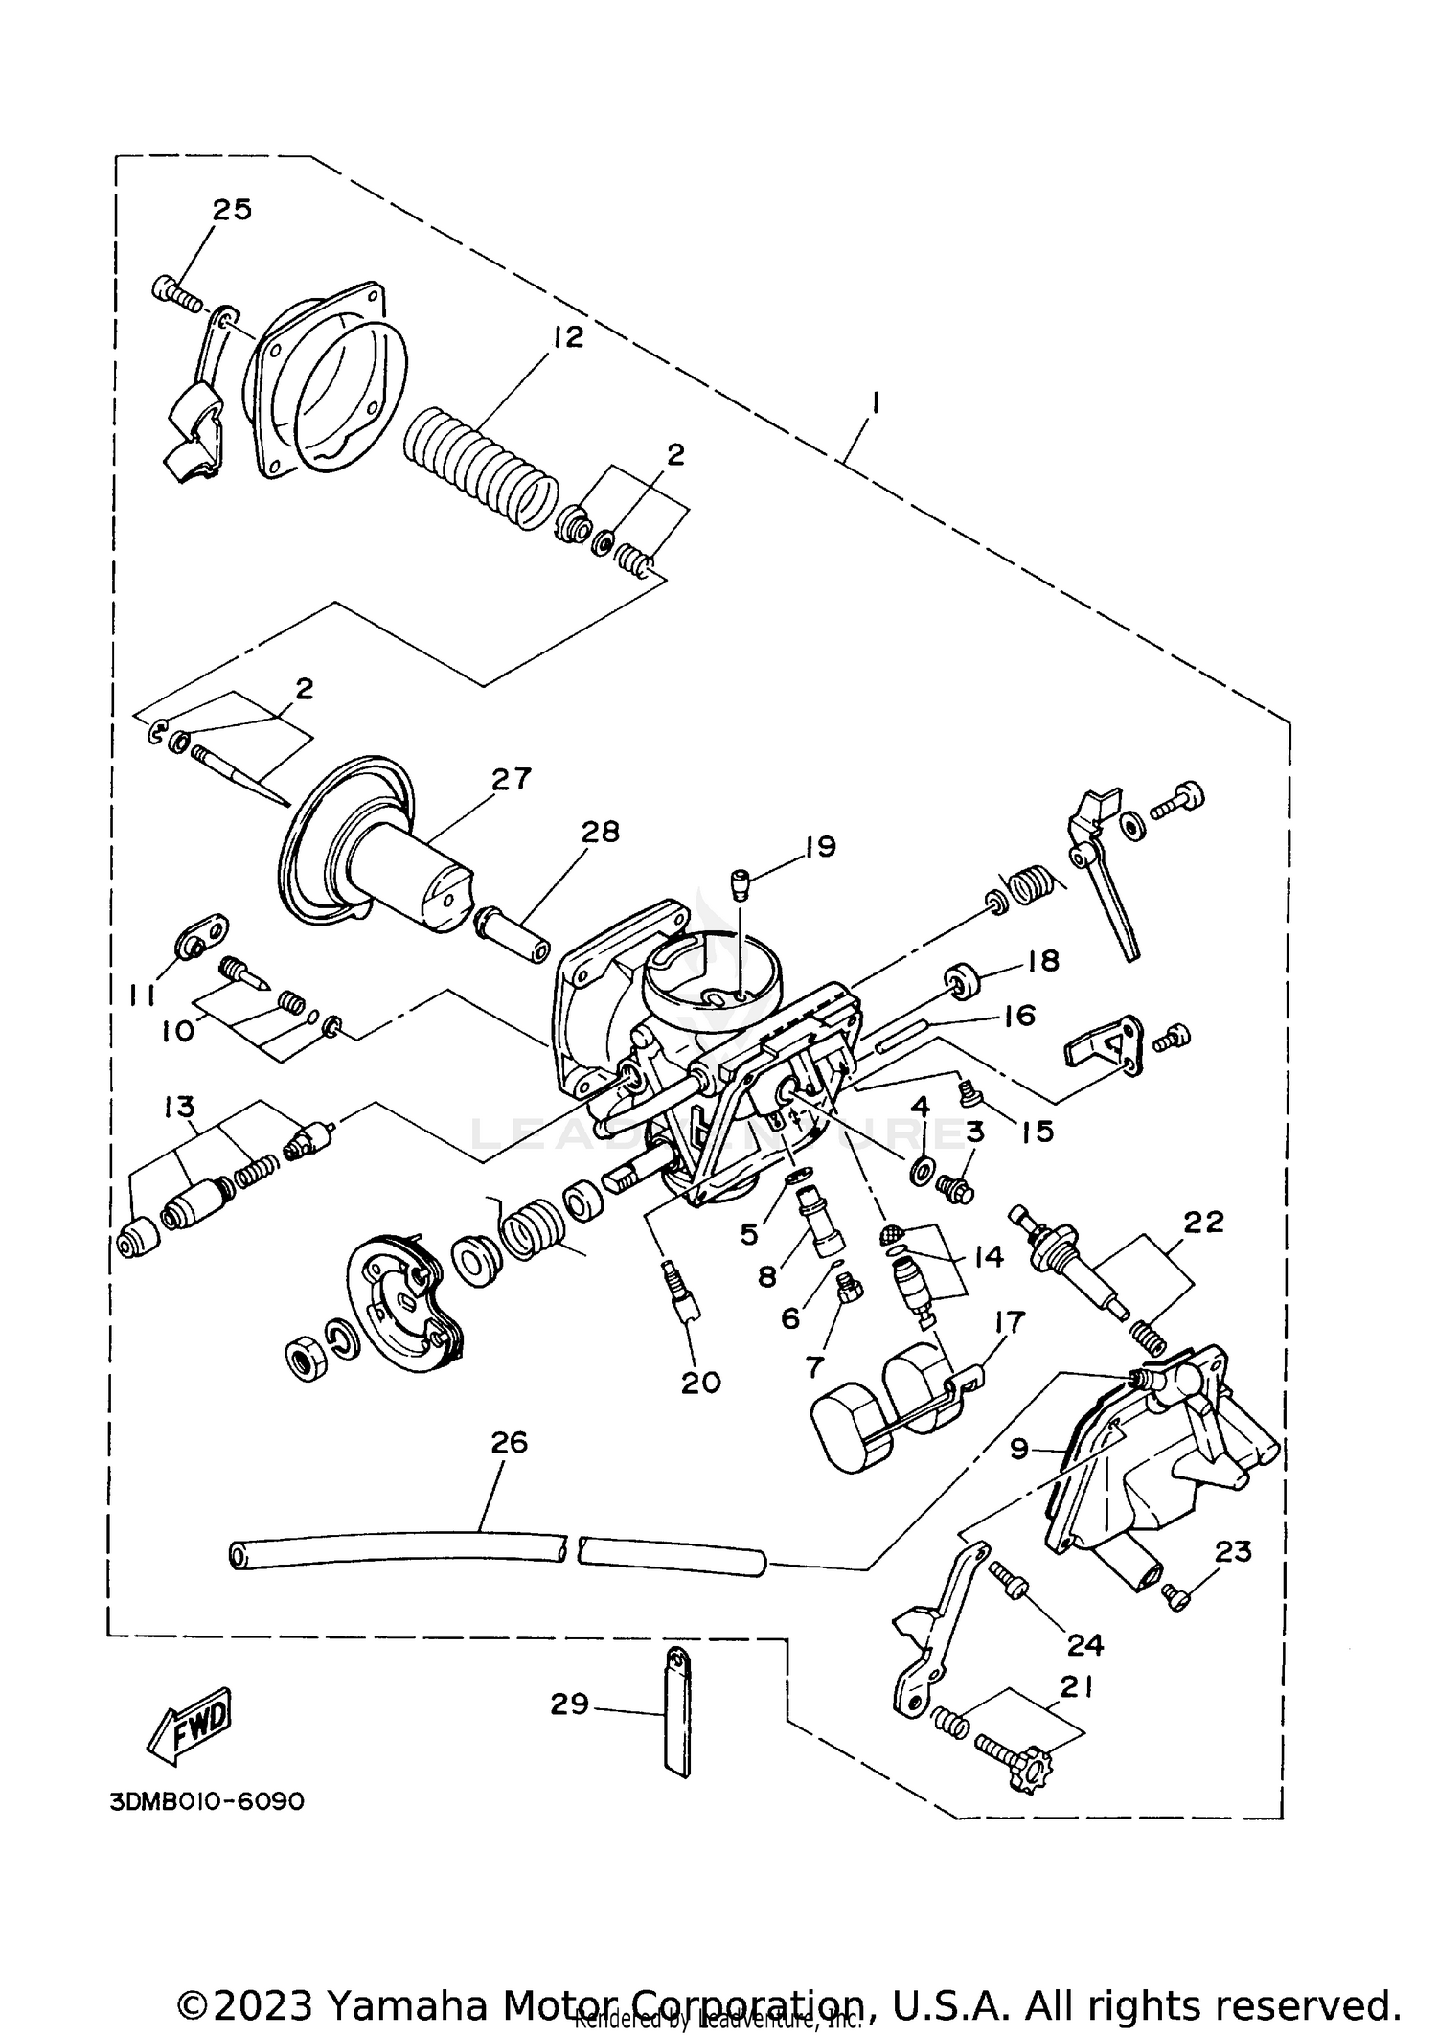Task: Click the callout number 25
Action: point(231,209)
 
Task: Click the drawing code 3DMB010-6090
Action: point(207,1801)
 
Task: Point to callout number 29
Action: point(569,1704)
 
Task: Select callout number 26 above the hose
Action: point(509,1442)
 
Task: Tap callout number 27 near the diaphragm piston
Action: point(511,779)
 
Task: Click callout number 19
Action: point(820,846)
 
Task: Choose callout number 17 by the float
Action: point(1010,1322)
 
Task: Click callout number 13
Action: point(179,1107)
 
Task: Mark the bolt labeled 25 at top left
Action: point(175,292)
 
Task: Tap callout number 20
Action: point(700,1382)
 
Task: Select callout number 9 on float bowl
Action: point(1019,1449)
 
